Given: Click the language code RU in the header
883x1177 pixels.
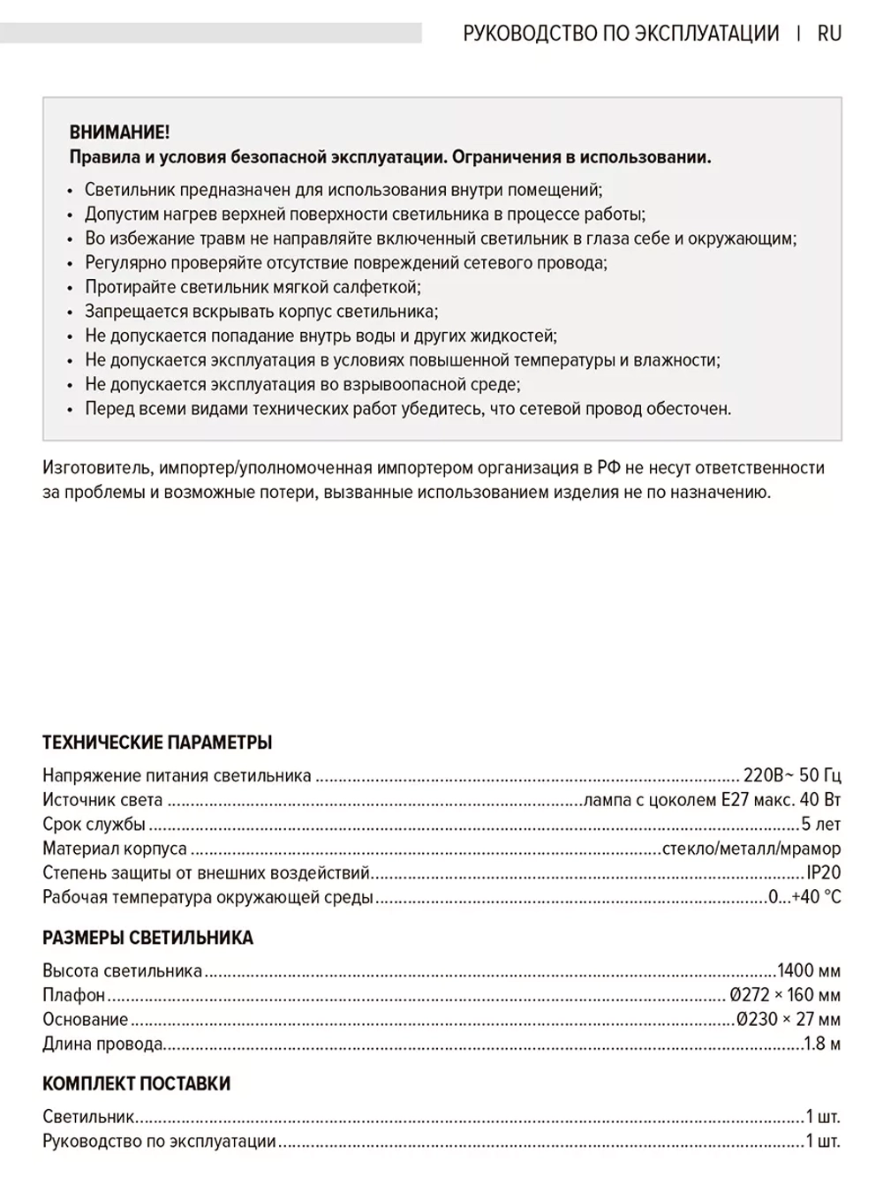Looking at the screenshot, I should [x=829, y=34].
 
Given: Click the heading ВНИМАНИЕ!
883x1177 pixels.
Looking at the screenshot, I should [x=119, y=132].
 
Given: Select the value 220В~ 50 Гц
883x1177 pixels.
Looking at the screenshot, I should [x=792, y=776].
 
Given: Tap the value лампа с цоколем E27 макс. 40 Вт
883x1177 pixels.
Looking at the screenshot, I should [x=712, y=800].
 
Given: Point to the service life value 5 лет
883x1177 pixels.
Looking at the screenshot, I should [x=820, y=825].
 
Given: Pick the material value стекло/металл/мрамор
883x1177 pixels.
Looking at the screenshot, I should [x=751, y=849].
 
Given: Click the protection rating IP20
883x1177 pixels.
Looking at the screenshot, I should [x=823, y=872].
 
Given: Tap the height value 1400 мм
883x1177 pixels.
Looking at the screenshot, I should [x=808, y=971].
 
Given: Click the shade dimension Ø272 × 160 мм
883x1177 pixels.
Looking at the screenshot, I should [x=785, y=995].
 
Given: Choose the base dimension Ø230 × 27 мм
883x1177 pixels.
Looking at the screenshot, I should [x=789, y=1020].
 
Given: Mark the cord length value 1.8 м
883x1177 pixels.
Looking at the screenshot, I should [x=821, y=1044].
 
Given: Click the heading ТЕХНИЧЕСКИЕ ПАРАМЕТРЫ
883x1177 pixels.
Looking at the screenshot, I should [x=157, y=743].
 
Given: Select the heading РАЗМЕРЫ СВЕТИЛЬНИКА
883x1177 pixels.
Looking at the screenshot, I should [x=147, y=938].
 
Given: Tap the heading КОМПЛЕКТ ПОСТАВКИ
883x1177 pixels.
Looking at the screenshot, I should [x=136, y=1083].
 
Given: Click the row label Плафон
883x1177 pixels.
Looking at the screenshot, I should [x=74, y=995].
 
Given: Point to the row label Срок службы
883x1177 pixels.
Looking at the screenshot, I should [x=94, y=825].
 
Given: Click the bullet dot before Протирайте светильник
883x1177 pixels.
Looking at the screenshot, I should [x=72, y=288].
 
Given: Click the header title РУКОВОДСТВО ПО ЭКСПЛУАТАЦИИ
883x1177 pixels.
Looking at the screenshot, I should [x=621, y=34].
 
